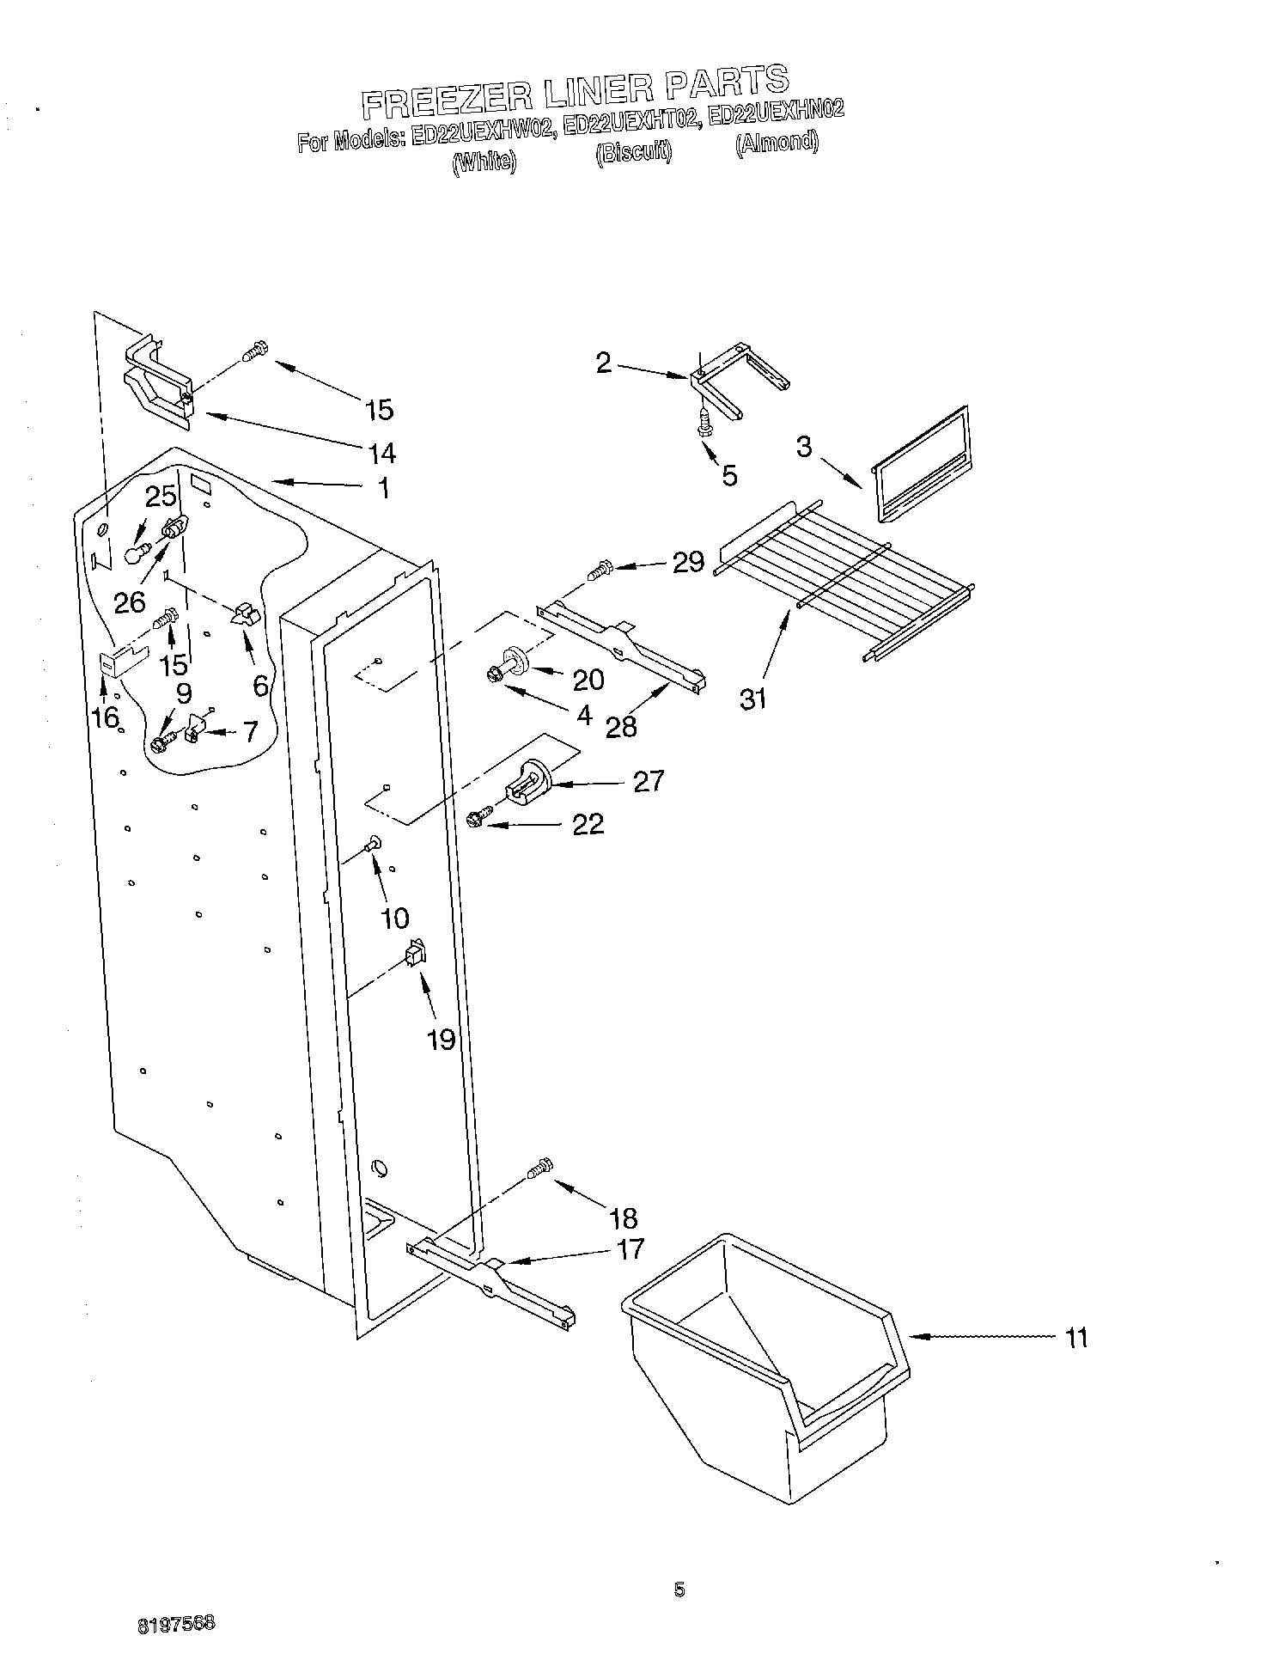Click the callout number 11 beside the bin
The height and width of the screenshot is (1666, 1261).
click(1075, 1338)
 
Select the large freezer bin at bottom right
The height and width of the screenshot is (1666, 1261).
click(760, 1370)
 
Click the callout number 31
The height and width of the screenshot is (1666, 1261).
click(752, 699)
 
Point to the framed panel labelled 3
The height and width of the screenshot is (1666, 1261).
click(919, 464)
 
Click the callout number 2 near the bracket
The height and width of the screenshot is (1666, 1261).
click(604, 363)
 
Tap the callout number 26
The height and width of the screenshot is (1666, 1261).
click(130, 602)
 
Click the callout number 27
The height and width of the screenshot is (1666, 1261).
click(649, 781)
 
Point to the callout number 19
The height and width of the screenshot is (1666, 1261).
click(441, 1040)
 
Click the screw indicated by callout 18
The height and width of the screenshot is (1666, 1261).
click(540, 1169)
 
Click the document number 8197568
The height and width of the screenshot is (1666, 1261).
click(175, 1623)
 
